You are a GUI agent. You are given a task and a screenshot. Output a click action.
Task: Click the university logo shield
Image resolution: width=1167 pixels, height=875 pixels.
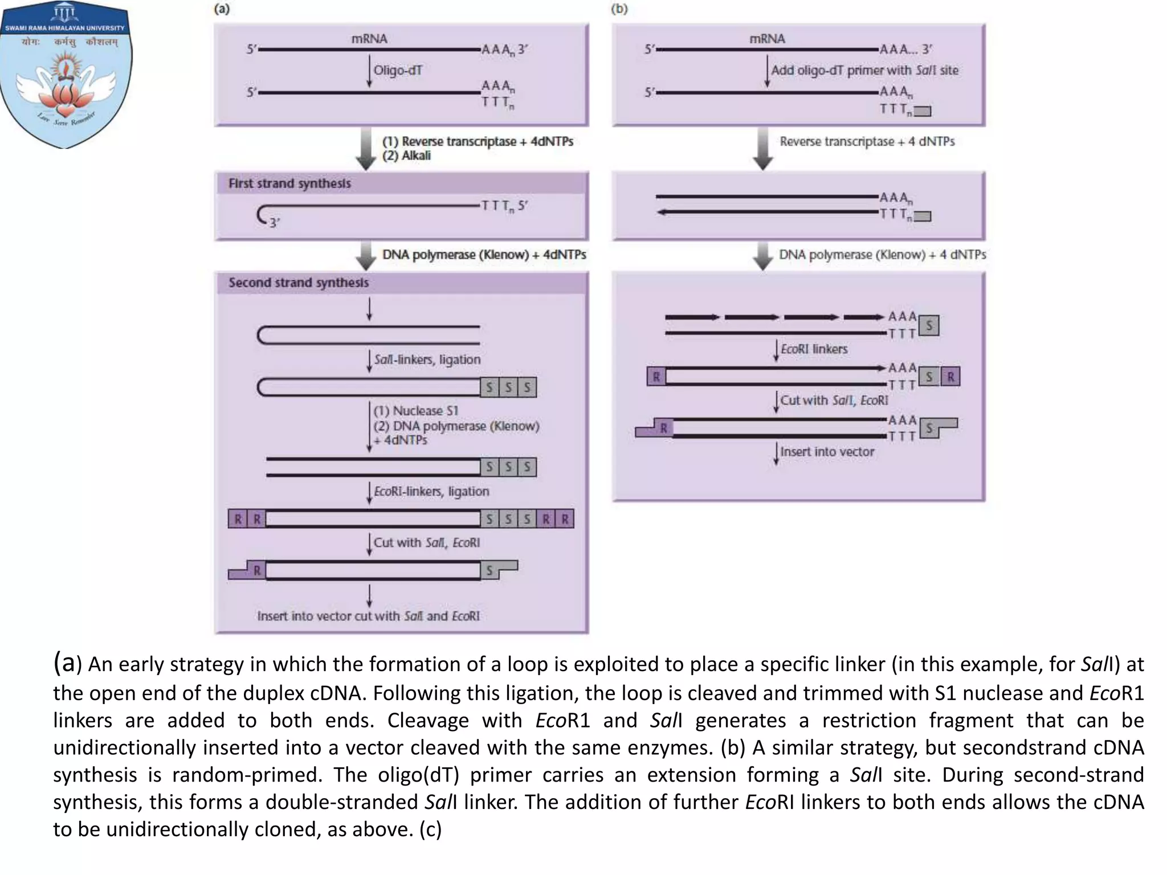(66, 74)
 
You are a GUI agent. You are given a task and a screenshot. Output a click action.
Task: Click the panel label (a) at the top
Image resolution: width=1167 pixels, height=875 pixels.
(222, 9)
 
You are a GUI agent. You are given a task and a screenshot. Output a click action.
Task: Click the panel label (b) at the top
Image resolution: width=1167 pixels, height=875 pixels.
(619, 9)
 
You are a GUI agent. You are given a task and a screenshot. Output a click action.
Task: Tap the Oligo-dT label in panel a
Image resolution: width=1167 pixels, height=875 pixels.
(398, 71)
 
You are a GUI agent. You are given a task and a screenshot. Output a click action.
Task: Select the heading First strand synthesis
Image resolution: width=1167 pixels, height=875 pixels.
(289, 183)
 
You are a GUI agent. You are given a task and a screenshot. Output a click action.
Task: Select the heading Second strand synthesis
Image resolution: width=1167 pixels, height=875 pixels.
(299, 283)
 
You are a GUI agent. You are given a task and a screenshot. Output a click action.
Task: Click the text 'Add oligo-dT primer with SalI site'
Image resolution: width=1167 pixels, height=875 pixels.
(864, 71)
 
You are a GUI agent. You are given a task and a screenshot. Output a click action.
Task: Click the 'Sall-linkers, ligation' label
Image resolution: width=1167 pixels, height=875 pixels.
(427, 360)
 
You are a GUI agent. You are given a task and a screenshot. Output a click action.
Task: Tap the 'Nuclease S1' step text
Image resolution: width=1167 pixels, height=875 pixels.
(415, 411)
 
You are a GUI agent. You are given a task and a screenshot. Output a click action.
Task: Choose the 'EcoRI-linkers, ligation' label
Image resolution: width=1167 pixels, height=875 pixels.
(431, 491)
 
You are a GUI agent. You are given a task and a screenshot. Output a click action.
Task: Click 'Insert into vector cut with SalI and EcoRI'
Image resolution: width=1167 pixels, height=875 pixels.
(368, 616)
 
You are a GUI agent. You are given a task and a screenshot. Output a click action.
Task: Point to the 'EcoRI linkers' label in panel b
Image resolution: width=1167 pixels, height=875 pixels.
(814, 349)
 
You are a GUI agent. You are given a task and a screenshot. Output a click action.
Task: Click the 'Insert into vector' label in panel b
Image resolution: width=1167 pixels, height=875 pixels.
(827, 452)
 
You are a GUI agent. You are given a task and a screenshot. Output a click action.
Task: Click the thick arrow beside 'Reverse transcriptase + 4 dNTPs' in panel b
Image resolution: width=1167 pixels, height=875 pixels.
(762, 148)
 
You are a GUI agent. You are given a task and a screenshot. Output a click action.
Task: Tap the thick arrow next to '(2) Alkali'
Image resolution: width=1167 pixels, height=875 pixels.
(365, 148)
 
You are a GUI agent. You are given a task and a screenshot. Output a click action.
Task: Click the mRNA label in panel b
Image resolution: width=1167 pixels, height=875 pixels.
(767, 39)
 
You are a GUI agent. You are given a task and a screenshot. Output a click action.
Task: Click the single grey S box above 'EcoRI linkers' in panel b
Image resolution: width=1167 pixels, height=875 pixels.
(929, 326)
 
